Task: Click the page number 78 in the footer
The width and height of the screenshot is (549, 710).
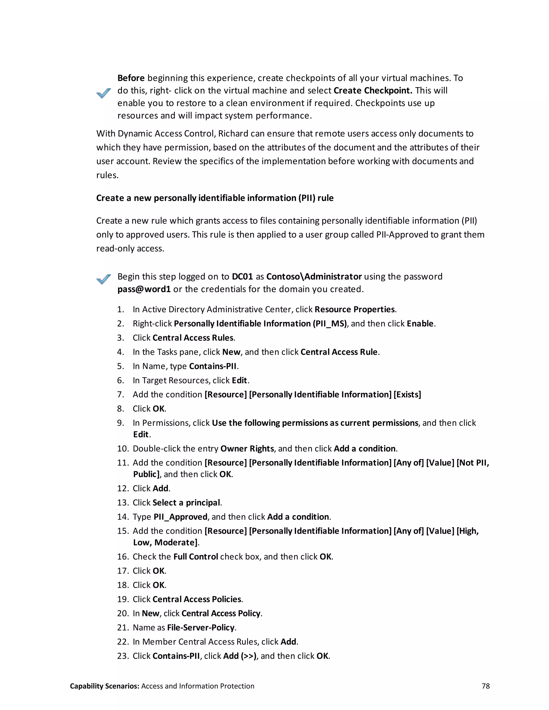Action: click(x=485, y=686)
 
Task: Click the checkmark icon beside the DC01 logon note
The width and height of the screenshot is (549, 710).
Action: click(x=104, y=279)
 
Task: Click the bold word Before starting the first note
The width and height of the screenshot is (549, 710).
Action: click(x=131, y=78)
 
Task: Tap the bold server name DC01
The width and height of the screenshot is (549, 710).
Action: click(x=242, y=277)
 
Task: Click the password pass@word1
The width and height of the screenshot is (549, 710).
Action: click(x=144, y=289)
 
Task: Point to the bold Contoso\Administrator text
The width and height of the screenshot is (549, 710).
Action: click(x=314, y=277)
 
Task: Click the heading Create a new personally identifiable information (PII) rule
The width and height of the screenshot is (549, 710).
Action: click(x=215, y=198)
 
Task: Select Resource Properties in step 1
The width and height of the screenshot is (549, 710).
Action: click(x=354, y=309)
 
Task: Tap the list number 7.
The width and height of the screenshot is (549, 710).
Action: click(x=120, y=394)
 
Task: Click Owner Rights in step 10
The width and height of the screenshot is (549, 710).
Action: click(x=247, y=449)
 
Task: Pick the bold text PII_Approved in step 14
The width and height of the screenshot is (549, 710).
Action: click(x=180, y=517)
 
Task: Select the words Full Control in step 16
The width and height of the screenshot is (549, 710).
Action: click(x=195, y=556)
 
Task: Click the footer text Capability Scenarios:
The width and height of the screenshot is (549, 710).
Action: click(x=104, y=686)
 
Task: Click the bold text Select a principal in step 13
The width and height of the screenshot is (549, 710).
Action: click(x=186, y=503)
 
